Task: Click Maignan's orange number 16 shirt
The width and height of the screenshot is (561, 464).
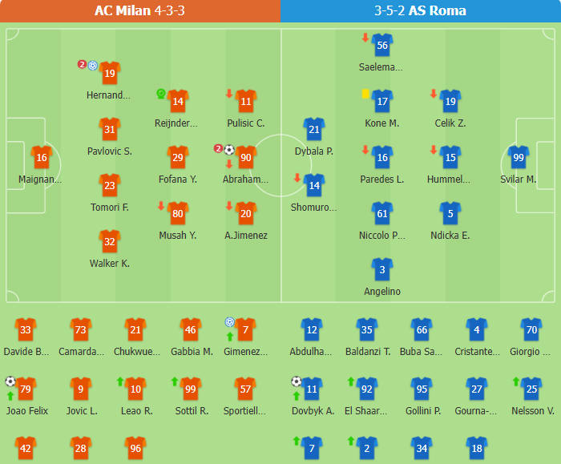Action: click(41, 157)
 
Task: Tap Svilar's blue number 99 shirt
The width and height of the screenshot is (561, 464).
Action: click(519, 157)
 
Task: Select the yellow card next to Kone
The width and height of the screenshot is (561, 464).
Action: click(365, 94)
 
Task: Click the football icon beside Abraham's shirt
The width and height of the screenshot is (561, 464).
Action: click(228, 150)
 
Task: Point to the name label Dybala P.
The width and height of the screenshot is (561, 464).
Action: click(313, 151)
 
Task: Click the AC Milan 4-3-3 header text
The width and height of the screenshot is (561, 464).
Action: click(139, 10)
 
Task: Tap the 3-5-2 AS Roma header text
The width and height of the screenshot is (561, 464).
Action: click(420, 10)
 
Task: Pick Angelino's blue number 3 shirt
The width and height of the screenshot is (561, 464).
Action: click(382, 269)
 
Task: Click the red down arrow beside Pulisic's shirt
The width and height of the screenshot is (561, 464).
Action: click(230, 94)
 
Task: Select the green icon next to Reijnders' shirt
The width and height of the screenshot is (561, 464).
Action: click(161, 94)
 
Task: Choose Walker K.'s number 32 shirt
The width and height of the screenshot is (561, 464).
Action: click(110, 241)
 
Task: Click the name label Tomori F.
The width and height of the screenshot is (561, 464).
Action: click(110, 208)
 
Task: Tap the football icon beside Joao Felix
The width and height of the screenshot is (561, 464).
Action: click(10, 381)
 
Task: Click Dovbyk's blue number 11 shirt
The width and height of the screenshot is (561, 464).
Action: click(312, 389)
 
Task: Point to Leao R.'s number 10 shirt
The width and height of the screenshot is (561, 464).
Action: click(135, 389)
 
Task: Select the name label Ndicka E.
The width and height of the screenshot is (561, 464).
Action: click(450, 236)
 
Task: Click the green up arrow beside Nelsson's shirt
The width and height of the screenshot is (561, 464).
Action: click(516, 381)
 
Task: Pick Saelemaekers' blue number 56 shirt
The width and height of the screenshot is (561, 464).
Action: click(381, 45)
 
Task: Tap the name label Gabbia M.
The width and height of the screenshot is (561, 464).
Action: click(192, 352)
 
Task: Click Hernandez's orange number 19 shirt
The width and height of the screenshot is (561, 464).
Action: click(110, 73)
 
